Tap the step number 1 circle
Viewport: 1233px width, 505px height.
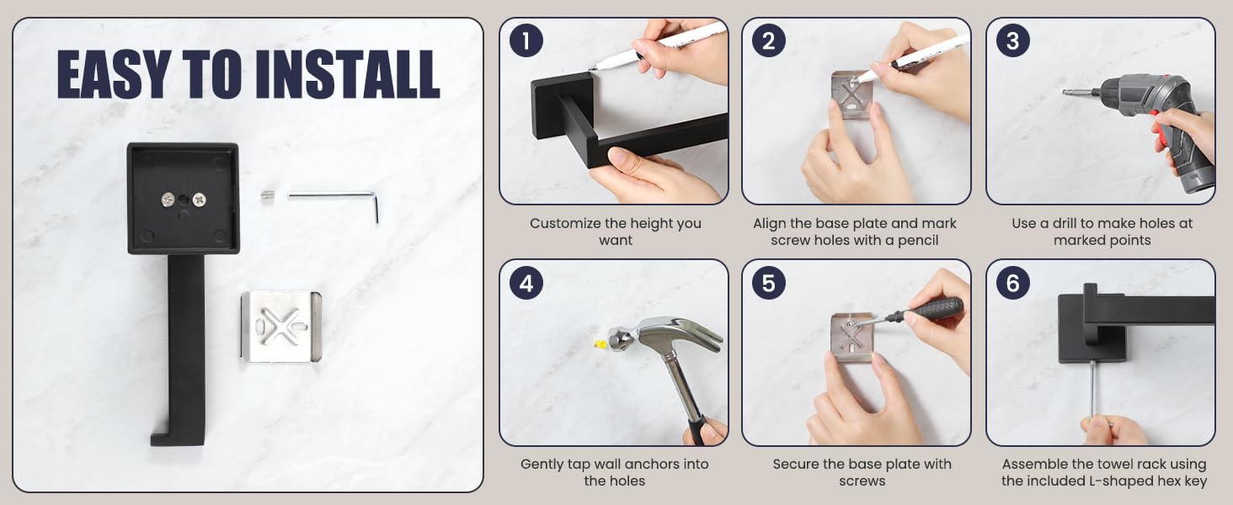[526, 40]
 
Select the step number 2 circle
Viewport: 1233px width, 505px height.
[768, 40]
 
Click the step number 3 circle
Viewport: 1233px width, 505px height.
[1013, 40]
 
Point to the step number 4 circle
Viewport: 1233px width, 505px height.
[526, 283]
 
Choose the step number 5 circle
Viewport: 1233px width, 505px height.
[768, 283]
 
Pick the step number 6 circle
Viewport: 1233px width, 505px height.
[1013, 283]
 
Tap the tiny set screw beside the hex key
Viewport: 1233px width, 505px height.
[268, 195]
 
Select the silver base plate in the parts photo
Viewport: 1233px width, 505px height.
[281, 327]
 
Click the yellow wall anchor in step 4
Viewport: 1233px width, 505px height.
[600, 345]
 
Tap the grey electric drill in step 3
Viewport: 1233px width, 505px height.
[1150, 126]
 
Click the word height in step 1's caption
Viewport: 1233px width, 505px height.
[646, 224]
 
